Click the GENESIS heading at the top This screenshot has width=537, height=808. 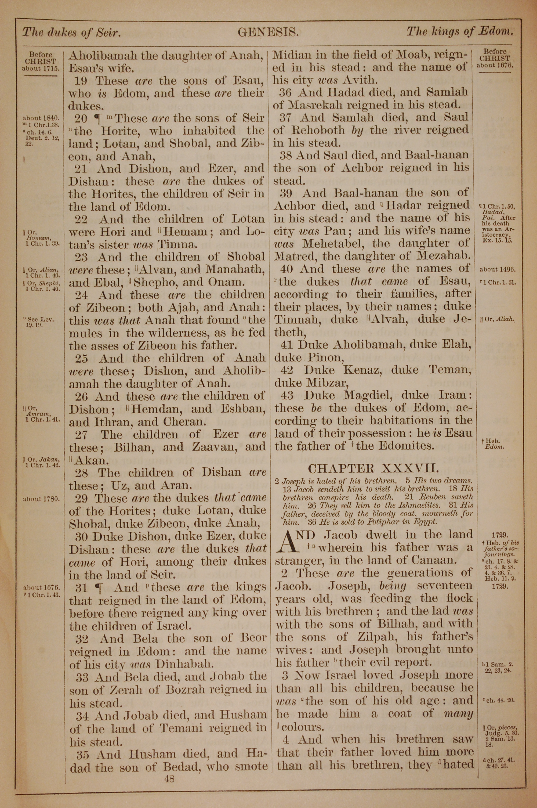click(x=268, y=33)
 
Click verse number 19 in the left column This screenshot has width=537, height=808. click(x=82, y=81)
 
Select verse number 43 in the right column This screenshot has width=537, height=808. click(x=287, y=396)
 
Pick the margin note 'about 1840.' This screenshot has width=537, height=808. click(x=41, y=118)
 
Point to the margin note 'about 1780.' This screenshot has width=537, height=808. click(x=41, y=499)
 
